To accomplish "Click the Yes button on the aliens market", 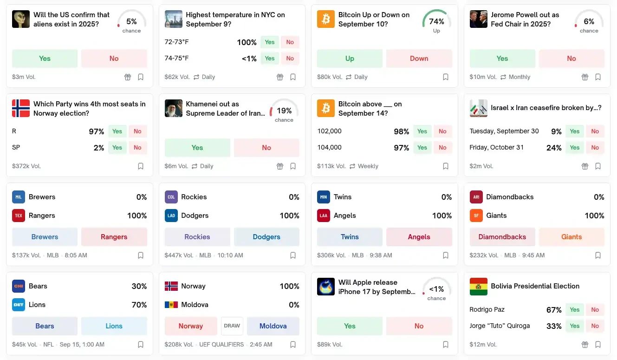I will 45,59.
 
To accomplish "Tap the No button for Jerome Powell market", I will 571,59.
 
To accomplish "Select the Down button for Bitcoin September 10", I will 419,59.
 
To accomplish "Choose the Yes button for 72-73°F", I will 269,42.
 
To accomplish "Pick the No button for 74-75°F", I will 290,59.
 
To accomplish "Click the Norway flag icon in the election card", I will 21,108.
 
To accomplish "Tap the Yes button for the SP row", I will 117,148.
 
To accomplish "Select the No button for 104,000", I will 442,148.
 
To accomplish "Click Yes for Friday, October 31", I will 574,148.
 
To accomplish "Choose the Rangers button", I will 114,237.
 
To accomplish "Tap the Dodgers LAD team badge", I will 171,216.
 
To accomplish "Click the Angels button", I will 419,237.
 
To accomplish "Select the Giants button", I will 571,237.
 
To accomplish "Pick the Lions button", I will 114,326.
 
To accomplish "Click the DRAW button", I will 232,326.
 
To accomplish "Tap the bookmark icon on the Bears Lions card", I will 141,345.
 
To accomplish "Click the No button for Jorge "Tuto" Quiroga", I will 595,326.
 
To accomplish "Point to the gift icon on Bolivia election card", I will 585,345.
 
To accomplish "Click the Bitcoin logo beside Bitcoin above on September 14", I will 326,108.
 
